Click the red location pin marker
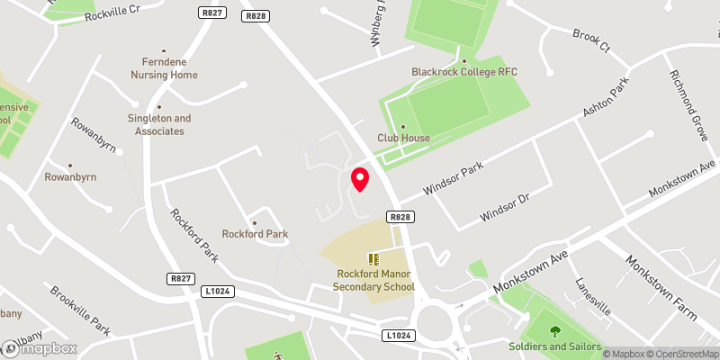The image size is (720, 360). click(x=360, y=179)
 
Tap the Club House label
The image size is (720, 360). click(x=403, y=138)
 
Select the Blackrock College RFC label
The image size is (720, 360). click(x=463, y=71)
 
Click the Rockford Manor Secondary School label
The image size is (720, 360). click(x=373, y=280)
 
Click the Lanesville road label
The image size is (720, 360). click(x=593, y=298)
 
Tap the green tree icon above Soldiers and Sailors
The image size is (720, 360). click(x=553, y=330)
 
